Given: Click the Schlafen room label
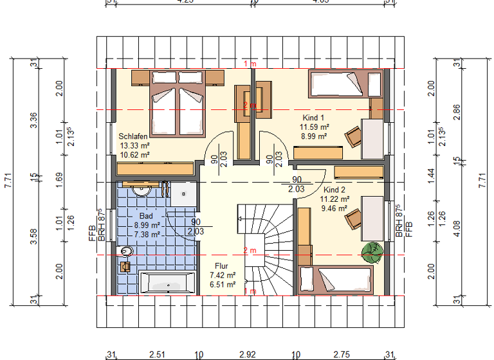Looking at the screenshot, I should [x=134, y=136].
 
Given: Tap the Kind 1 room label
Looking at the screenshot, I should [x=313, y=118].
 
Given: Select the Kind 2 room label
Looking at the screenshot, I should [x=334, y=190].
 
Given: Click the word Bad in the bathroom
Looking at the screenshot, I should [x=147, y=217].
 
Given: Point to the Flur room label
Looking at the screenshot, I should [x=221, y=265].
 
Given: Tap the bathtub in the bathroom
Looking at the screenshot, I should [x=168, y=282].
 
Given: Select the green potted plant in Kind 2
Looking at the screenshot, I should [x=372, y=252].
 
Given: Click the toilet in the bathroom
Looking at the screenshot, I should [x=125, y=251].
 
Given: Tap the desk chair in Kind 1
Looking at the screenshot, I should [x=353, y=136].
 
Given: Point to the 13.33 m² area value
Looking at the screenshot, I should [x=134, y=145].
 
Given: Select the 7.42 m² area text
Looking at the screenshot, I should [x=222, y=274].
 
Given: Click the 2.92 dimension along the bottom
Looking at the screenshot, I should [x=248, y=354].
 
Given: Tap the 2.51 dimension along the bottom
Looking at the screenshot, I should [x=157, y=354].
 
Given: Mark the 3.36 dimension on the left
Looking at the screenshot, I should [x=33, y=121].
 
